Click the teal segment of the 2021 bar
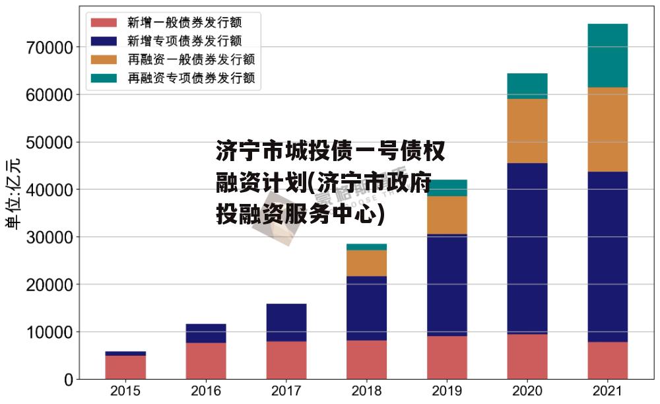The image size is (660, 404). pos(607,55)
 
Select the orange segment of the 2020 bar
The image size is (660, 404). pos(527,131)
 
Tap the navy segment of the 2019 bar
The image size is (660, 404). pos(447,285)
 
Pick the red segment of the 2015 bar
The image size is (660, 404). pos(125,367)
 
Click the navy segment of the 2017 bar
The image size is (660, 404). pos(286,322)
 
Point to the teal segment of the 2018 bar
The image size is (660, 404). pos(366,247)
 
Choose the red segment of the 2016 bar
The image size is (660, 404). pos(206,360)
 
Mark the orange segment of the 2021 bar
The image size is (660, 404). pos(607,129)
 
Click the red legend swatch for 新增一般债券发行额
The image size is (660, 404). pos(104,22)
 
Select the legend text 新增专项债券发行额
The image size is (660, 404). pos(185,41)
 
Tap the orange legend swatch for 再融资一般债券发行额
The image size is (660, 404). pos(104,60)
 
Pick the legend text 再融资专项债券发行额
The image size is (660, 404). pos(191,79)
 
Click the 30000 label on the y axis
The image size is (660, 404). pos(50,237)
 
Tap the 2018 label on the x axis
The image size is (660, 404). pos(366,391)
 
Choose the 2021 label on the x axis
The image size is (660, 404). pos(607,391)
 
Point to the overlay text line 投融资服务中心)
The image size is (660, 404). pos(300,215)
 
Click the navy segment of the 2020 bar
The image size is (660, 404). pos(527,248)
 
